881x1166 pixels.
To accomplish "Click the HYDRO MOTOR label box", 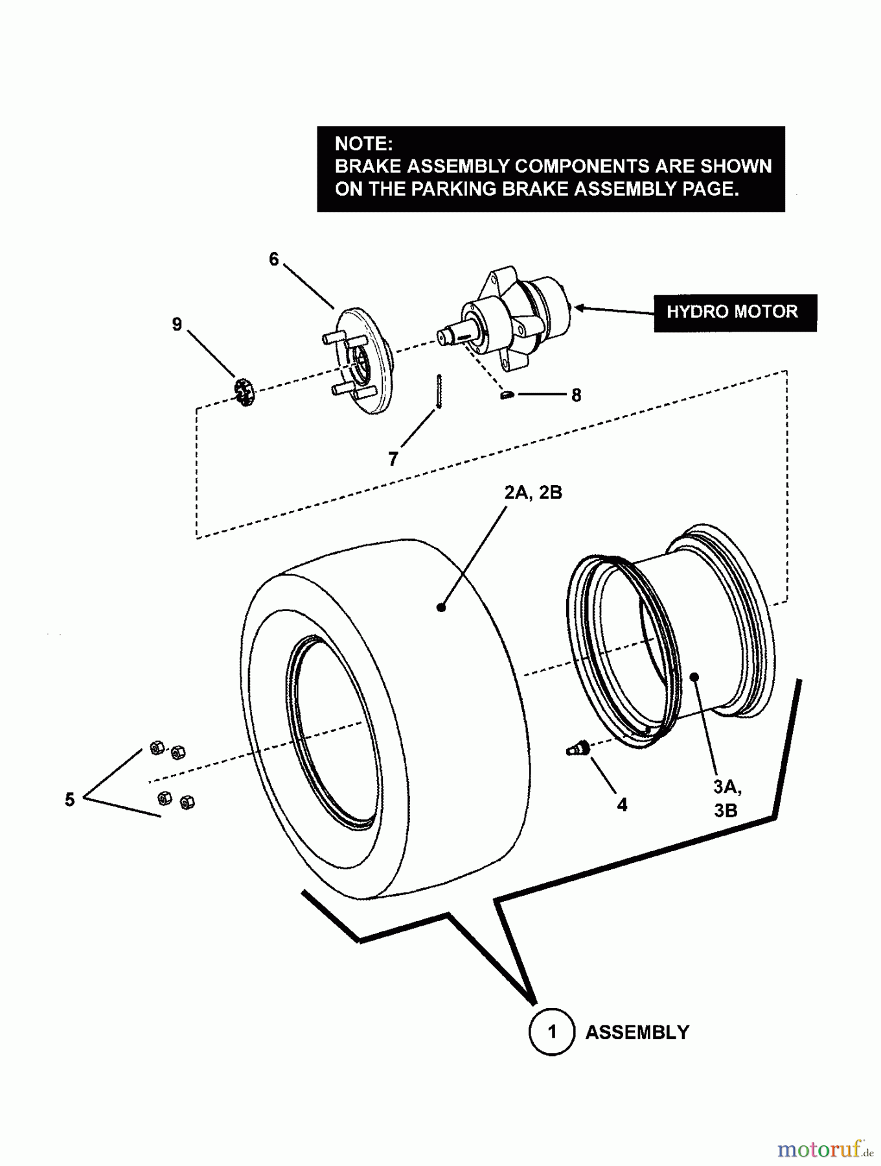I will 735,313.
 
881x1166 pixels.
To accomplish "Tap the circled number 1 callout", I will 552,1031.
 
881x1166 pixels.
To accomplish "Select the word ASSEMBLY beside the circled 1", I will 637,1032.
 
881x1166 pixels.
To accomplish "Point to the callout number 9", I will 177,325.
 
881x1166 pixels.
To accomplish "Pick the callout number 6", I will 274,259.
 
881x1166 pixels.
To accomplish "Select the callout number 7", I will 393,459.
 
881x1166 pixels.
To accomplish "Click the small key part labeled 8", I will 508,394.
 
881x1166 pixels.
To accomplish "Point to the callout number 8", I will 576,394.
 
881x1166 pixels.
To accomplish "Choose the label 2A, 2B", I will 533,492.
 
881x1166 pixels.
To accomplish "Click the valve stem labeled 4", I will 576,749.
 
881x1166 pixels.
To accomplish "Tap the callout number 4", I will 622,805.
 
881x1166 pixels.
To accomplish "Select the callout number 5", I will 70,799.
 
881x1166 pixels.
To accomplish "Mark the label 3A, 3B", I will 727,798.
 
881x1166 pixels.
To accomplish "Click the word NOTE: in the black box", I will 363,144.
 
